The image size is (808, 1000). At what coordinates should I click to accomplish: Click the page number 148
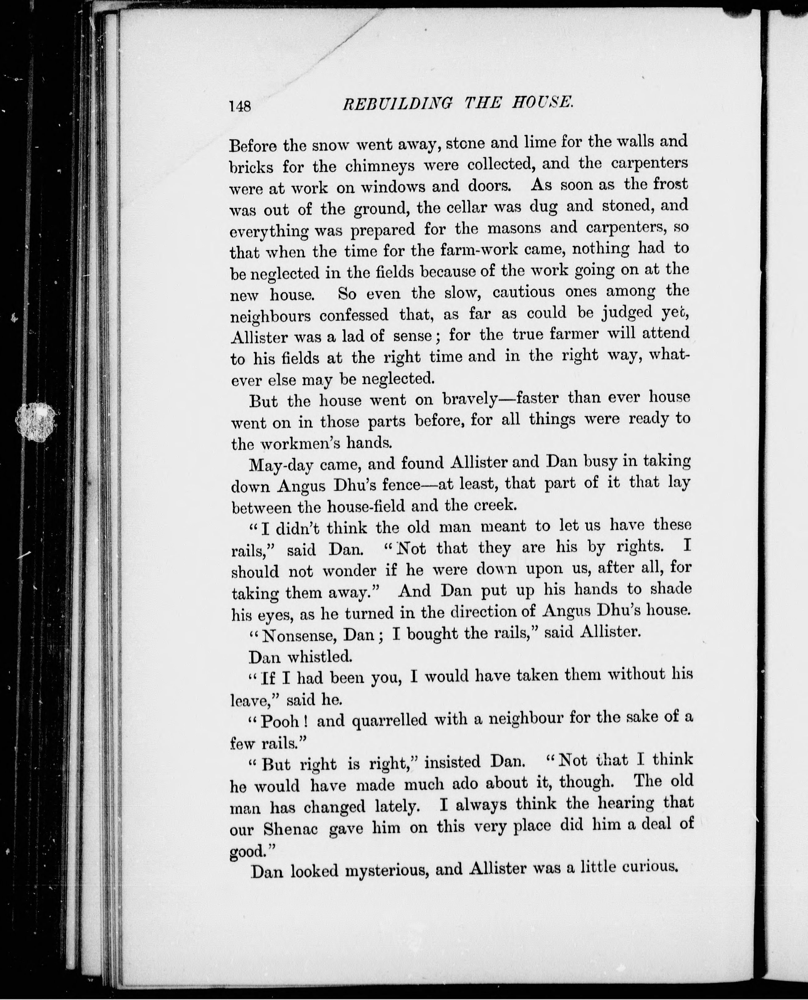pos(240,106)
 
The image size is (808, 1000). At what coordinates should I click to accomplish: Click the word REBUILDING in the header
pos(397,103)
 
